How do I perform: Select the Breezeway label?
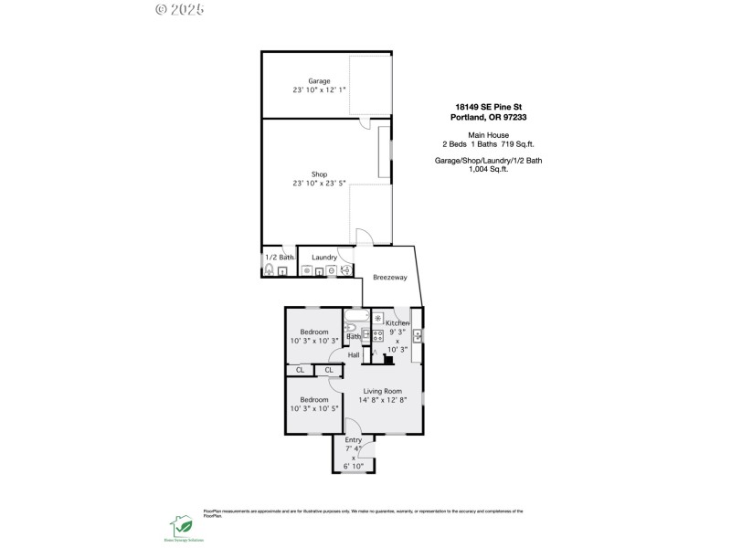tap(390, 278)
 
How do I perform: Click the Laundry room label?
tap(324, 258)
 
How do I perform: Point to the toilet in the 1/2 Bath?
tap(270, 270)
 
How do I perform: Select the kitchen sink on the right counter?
tap(418, 333)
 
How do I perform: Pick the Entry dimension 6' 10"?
tap(353, 466)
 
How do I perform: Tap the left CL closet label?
tap(300, 370)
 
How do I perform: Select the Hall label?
tap(354, 354)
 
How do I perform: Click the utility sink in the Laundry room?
tap(347, 270)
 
